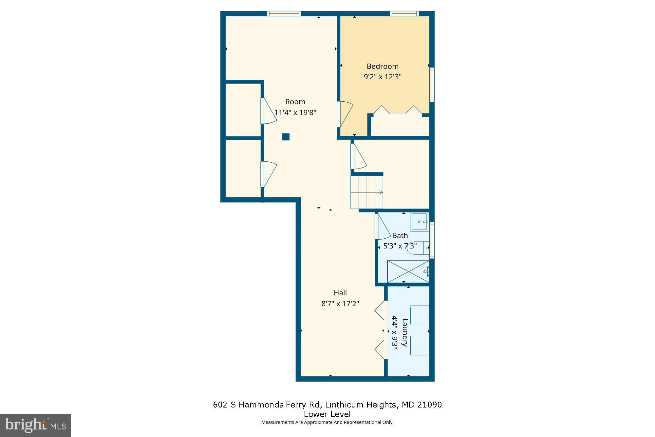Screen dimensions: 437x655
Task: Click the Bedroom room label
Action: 383,66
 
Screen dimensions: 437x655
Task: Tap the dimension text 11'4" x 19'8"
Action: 295,112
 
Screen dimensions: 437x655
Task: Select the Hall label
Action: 340,293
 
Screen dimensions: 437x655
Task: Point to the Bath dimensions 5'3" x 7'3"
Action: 400,246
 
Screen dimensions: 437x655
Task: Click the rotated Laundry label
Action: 405,332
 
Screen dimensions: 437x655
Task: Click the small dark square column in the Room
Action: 286,137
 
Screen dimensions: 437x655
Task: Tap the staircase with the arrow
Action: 367,192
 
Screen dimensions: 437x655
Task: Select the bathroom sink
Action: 419,222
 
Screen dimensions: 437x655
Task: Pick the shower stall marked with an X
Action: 408,271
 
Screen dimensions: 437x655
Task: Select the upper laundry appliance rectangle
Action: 420,315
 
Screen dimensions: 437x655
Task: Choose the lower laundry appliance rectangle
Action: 420,345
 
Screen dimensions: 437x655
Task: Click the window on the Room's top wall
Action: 284,13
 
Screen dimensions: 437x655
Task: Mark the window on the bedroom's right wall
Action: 432,85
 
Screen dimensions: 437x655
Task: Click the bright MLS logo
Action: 35,425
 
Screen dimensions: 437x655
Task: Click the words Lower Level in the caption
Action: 327,414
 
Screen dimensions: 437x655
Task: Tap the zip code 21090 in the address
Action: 429,405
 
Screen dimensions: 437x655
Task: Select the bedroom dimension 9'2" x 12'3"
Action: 383,77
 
